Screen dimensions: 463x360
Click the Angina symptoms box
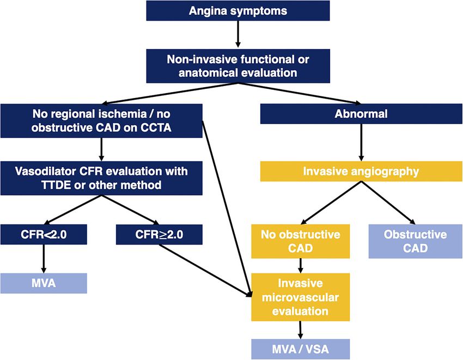238,11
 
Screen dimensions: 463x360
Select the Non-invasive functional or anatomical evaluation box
238,66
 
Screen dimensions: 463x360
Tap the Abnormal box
361,114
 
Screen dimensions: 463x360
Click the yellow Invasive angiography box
361,172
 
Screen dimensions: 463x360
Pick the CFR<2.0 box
44,235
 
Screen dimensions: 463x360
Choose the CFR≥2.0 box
159,235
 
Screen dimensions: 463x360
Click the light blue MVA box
44,283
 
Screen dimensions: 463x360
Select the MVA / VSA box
301,349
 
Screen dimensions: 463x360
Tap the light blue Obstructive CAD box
416,241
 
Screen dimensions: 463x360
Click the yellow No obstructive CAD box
301,241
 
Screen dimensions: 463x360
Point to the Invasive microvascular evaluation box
301,297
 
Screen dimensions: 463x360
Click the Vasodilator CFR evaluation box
101,178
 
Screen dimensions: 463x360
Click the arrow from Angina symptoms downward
238,34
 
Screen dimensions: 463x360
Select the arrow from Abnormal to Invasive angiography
361,142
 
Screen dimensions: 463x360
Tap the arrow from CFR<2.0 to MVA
44,259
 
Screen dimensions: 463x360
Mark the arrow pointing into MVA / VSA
301,330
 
